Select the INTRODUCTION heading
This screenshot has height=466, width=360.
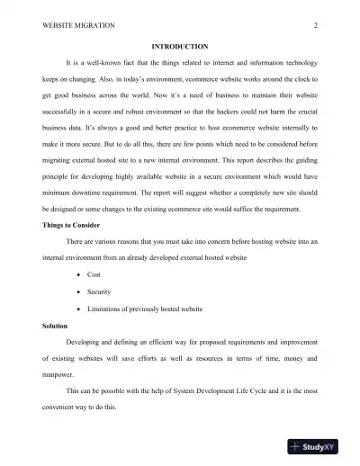[180, 46]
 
